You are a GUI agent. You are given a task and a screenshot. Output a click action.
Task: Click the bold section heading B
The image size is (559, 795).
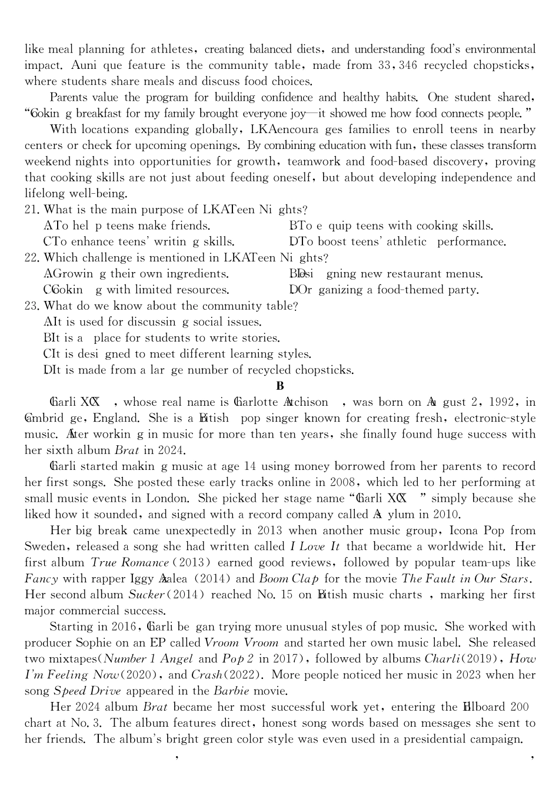point(279,386)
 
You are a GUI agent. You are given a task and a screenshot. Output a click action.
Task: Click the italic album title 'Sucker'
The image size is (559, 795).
point(145,595)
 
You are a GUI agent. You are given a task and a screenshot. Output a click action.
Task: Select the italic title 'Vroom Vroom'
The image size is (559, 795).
point(241,643)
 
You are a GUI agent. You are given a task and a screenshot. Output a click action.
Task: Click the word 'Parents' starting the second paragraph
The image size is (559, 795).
point(69,98)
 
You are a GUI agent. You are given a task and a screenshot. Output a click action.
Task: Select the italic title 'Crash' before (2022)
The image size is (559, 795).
point(207,675)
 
